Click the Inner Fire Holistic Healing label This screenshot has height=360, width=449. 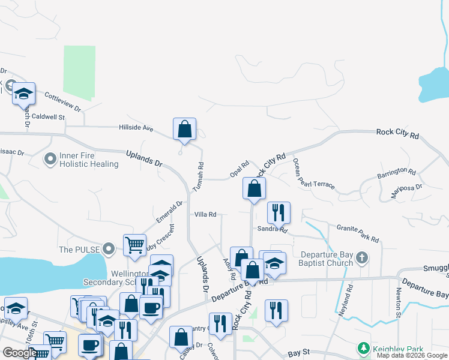(88, 160)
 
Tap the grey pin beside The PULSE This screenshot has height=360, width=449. (109, 248)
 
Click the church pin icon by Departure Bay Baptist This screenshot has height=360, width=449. (361, 258)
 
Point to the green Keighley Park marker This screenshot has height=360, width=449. (363, 349)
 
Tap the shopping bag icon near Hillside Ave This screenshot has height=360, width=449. (184, 129)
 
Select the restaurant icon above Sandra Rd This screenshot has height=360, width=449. (279, 212)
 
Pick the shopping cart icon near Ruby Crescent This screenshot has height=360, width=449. (134, 245)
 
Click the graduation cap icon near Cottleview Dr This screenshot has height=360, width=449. (23, 94)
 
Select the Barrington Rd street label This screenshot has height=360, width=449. (396, 173)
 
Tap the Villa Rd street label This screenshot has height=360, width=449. (205, 214)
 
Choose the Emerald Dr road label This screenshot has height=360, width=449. (170, 211)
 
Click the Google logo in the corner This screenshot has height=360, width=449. (20, 353)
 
